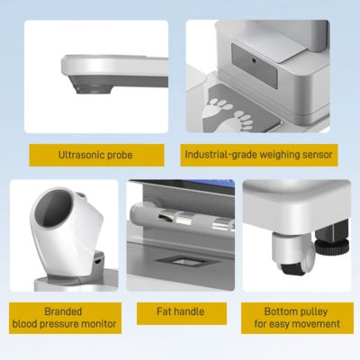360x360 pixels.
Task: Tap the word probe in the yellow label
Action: [x=120, y=156]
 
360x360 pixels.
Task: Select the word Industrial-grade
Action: [x=220, y=155]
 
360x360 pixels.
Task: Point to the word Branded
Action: [x=63, y=311]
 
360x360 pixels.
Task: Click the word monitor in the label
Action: [x=99, y=324]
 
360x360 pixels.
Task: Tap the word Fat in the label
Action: [x=164, y=311]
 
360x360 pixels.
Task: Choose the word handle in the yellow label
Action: [x=189, y=311]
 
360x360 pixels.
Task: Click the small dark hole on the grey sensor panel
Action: [x=254, y=61]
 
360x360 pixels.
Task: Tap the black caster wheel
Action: [x=292, y=268]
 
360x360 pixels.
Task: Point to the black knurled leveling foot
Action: [x=332, y=247]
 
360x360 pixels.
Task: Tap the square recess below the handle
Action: [x=184, y=262]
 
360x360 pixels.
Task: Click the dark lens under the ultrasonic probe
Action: [x=94, y=89]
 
